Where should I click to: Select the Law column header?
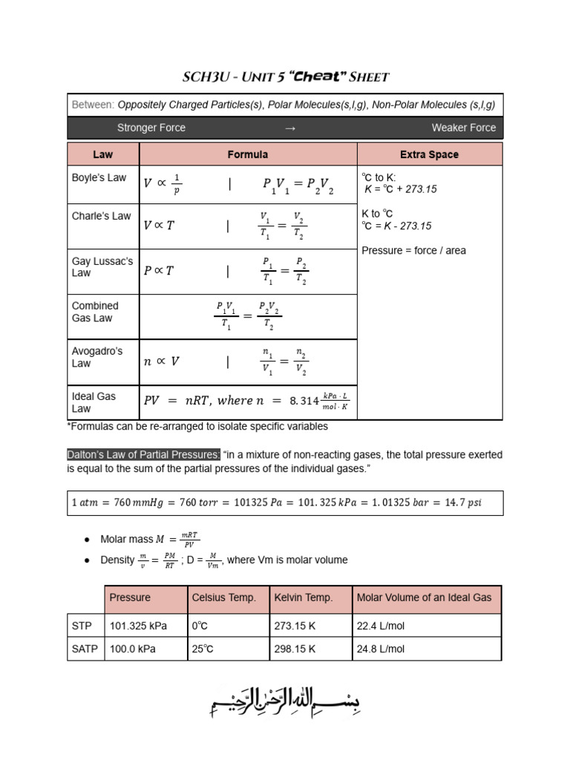click(x=102, y=154)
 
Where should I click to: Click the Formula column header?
click(x=247, y=154)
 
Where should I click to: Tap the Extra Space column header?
click(x=429, y=154)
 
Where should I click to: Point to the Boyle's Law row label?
click(x=99, y=178)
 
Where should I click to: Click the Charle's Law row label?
click(x=101, y=216)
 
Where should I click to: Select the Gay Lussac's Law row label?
click(x=102, y=267)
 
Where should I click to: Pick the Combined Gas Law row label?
click(x=95, y=312)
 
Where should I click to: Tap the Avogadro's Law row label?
click(x=96, y=357)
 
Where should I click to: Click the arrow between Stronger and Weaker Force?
click(x=290, y=128)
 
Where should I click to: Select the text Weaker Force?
click(x=463, y=128)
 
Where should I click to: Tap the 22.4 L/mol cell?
click(x=381, y=626)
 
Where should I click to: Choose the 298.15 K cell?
click(x=295, y=649)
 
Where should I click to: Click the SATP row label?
click(x=85, y=649)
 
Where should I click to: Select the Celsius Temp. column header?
click(x=223, y=597)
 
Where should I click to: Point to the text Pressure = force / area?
click(x=413, y=250)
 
